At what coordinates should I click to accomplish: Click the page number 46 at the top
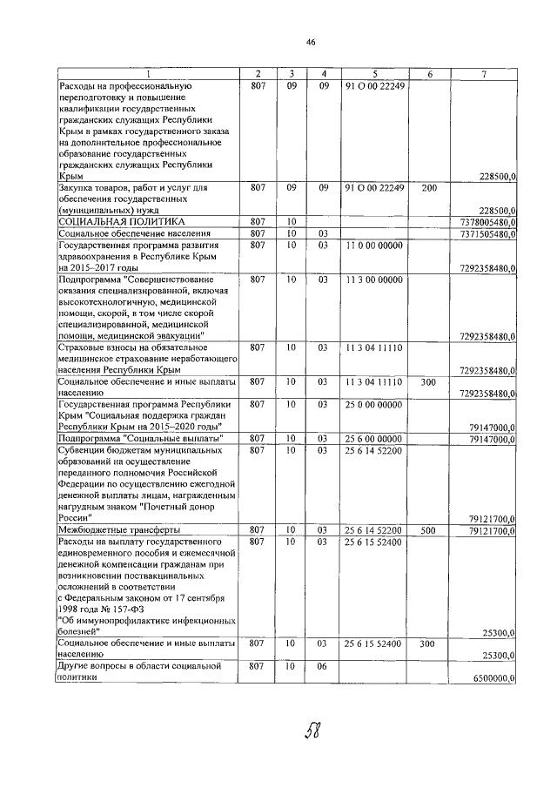click(x=311, y=42)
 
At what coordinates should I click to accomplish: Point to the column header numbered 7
click(x=484, y=74)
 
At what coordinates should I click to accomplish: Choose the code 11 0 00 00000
click(x=374, y=246)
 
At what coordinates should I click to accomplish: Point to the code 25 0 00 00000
click(x=374, y=405)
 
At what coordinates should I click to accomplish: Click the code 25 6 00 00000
click(x=374, y=438)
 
